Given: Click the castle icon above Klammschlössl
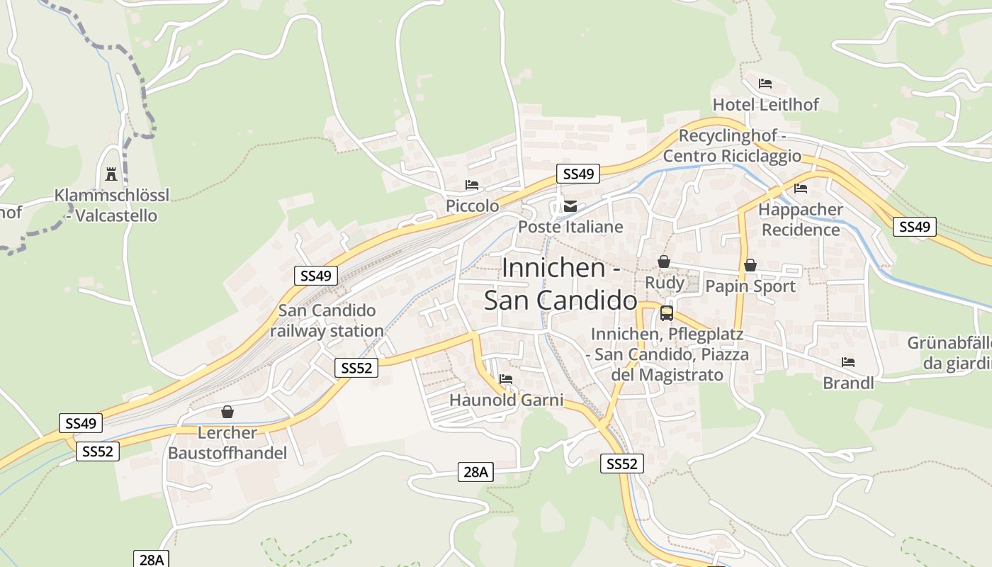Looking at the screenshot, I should [x=111, y=174].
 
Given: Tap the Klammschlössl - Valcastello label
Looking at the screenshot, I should [x=112, y=206].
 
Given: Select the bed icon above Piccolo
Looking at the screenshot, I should [x=472, y=185].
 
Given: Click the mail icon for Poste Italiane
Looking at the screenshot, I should [x=570, y=206].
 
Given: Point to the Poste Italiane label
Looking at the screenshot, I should [x=570, y=227].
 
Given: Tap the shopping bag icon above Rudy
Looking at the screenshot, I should [x=664, y=262].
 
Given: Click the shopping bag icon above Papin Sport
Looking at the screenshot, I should [x=750, y=265].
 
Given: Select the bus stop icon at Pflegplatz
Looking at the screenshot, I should [x=667, y=313].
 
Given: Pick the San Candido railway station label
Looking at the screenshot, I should [x=327, y=320].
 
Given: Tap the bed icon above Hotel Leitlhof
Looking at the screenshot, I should [x=765, y=84].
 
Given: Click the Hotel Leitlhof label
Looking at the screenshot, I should [x=765, y=105].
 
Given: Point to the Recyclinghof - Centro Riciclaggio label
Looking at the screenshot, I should [x=732, y=146].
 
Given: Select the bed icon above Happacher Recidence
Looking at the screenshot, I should [x=801, y=189].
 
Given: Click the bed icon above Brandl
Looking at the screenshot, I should [x=848, y=362].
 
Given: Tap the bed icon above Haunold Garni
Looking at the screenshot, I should [x=506, y=379].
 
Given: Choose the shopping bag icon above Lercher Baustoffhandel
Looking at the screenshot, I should [x=227, y=412].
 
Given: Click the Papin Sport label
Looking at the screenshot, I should [x=750, y=286].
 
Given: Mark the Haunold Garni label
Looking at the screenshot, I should [x=506, y=400].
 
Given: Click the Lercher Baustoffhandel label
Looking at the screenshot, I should [x=227, y=443].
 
